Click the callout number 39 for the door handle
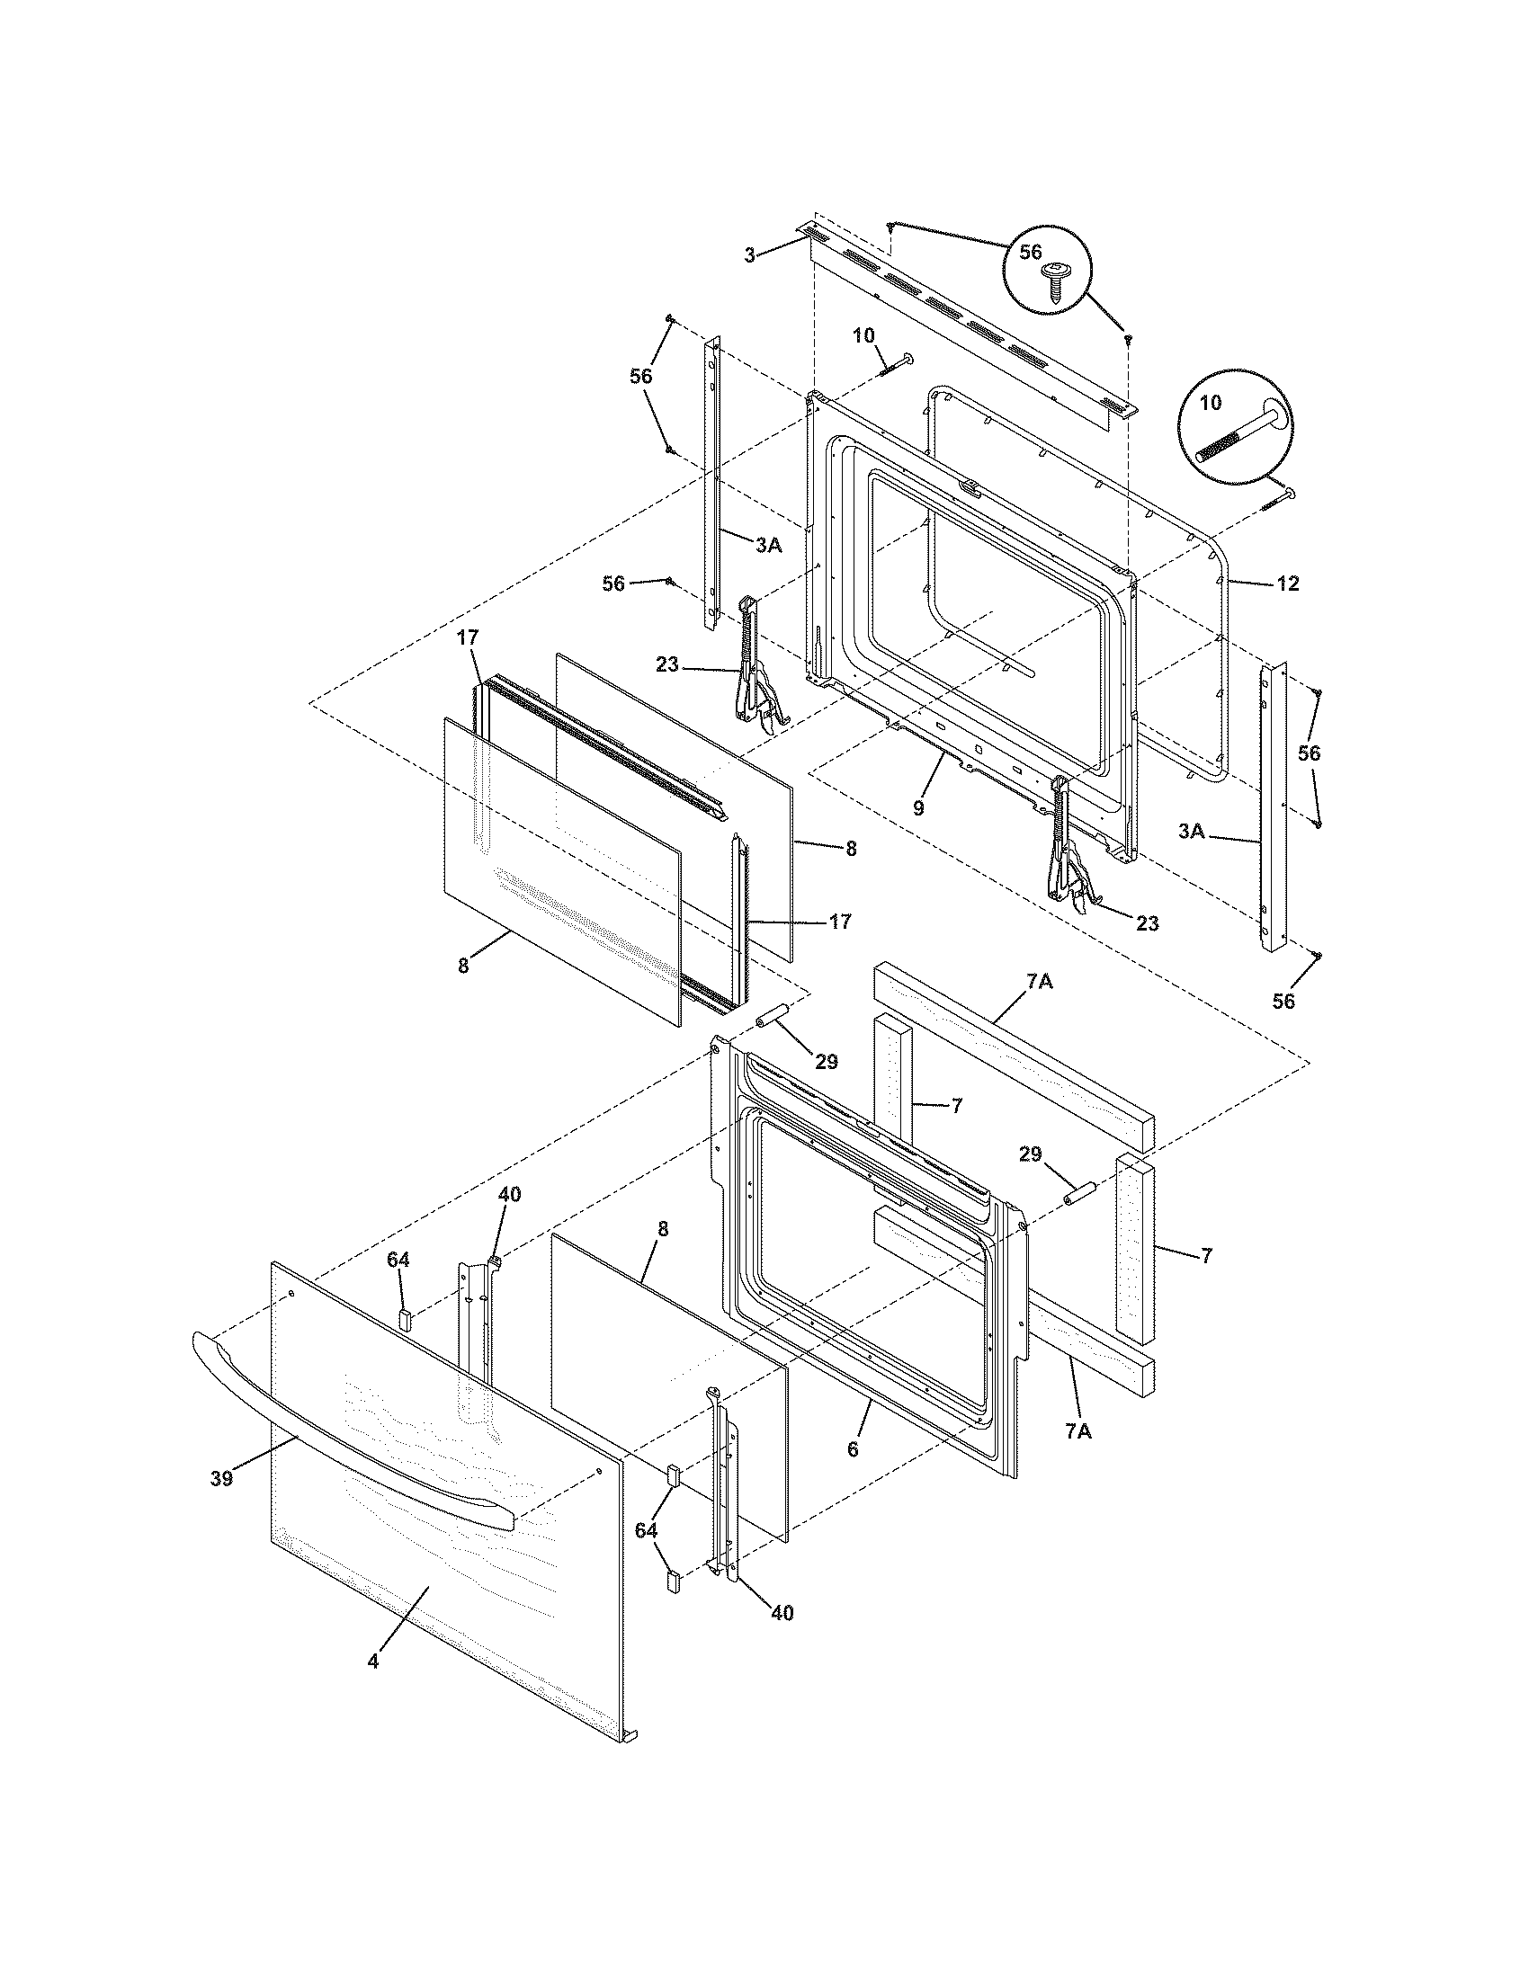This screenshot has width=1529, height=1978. click(x=221, y=1479)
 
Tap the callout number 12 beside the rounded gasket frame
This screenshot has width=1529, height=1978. click(x=1287, y=584)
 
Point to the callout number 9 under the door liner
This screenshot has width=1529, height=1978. click(x=918, y=808)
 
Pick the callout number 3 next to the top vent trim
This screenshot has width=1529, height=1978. click(x=749, y=255)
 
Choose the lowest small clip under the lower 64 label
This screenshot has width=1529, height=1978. click(x=673, y=1582)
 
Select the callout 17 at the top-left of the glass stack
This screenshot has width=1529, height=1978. click(x=467, y=637)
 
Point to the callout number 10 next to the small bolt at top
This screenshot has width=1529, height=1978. click(x=863, y=335)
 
